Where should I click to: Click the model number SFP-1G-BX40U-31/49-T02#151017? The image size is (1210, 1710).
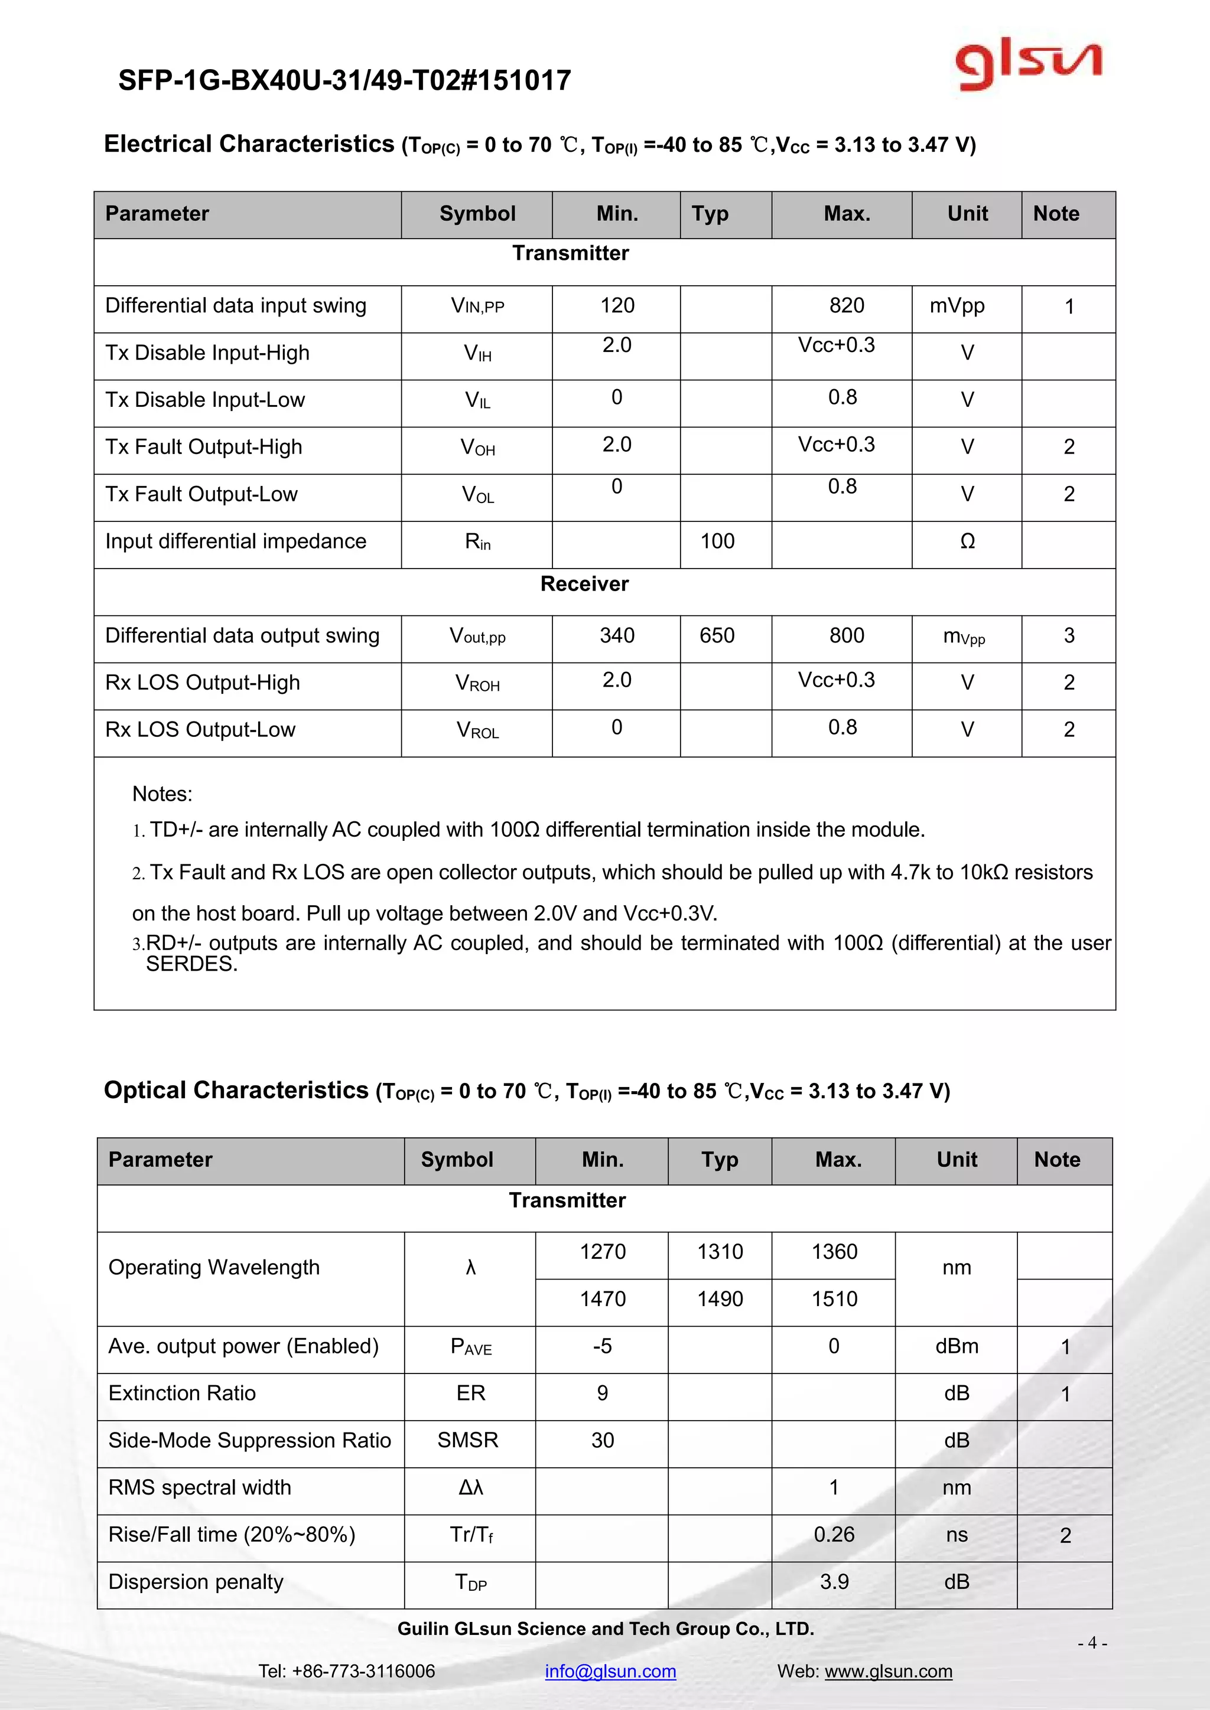click(344, 80)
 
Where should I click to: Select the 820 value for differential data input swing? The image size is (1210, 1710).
click(847, 305)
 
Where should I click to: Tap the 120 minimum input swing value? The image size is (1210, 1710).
click(617, 305)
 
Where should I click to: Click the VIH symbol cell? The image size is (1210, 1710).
click(477, 353)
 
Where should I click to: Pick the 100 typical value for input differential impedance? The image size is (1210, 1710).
click(717, 541)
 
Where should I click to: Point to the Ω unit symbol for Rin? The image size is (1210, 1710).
click(967, 541)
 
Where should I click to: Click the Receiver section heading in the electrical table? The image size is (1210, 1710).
click(584, 584)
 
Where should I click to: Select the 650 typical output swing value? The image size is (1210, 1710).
click(717, 635)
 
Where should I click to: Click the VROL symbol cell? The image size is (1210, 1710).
click(477, 730)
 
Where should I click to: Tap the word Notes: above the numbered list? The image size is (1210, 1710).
click(162, 794)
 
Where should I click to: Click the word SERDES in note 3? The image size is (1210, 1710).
click(191, 964)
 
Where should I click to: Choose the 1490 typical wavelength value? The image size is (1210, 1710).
click(720, 1299)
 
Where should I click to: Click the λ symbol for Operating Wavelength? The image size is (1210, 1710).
click(470, 1267)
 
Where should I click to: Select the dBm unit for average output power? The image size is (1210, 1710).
click(957, 1346)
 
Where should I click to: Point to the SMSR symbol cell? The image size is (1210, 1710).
click(468, 1440)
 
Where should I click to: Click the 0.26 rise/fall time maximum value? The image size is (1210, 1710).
click(834, 1534)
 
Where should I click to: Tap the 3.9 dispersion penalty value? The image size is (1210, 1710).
click(834, 1581)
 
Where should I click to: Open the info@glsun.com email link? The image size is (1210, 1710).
click(610, 1670)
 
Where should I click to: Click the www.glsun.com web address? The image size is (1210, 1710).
click(888, 1670)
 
